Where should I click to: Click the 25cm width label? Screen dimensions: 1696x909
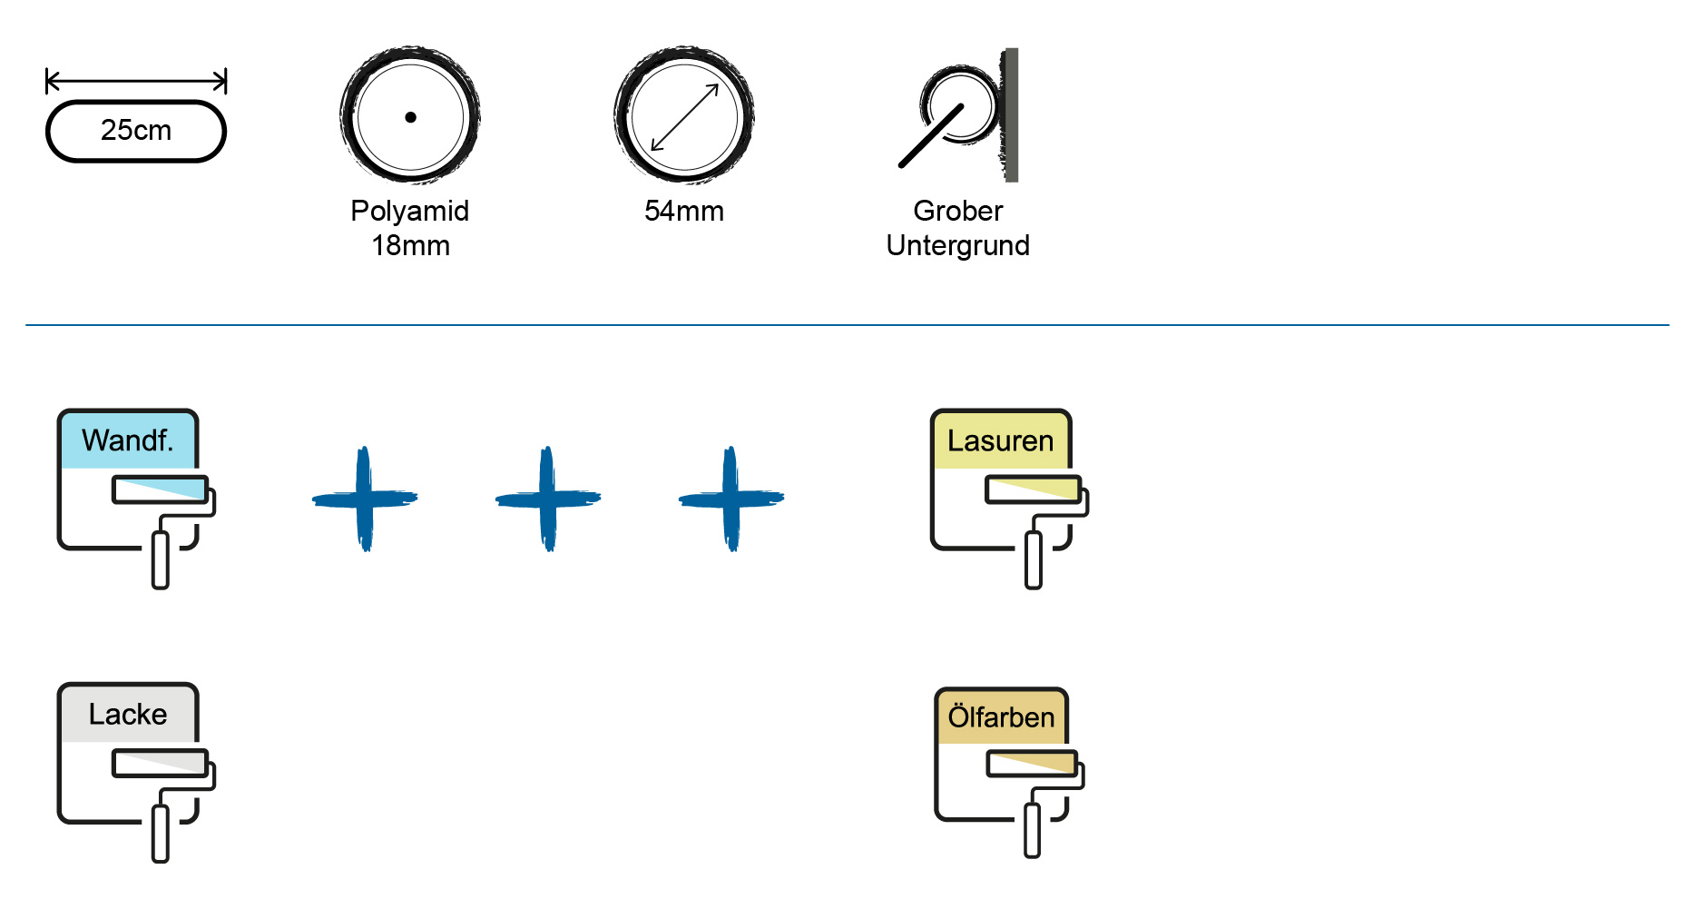tap(136, 130)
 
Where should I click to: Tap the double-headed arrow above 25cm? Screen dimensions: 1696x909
tap(136, 82)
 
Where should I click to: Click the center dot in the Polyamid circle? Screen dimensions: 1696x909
tap(410, 117)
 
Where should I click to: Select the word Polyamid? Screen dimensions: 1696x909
tap(410, 211)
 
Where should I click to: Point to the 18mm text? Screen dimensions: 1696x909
tap(410, 245)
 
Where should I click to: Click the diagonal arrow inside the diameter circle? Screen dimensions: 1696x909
tap(685, 117)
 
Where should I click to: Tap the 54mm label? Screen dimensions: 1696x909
tap(684, 211)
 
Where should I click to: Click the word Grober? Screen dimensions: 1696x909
tap(958, 211)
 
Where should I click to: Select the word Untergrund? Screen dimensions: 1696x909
tap(958, 245)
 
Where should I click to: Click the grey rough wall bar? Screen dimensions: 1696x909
tap(1010, 114)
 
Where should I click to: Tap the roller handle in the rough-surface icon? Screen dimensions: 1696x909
tap(931, 136)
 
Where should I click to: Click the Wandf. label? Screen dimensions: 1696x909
tap(127, 440)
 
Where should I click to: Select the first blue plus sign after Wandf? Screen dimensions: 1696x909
tap(365, 499)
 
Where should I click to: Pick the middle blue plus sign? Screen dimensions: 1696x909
tap(548, 499)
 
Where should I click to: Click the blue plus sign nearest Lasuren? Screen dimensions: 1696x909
tap(731, 499)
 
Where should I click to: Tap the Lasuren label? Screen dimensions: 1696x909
tap(1001, 441)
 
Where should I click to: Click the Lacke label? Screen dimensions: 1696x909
tap(128, 714)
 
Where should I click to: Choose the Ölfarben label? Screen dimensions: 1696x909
tap(1002, 716)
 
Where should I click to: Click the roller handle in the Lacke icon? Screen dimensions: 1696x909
tap(161, 834)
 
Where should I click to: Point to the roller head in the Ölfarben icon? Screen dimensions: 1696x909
tap(1033, 764)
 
